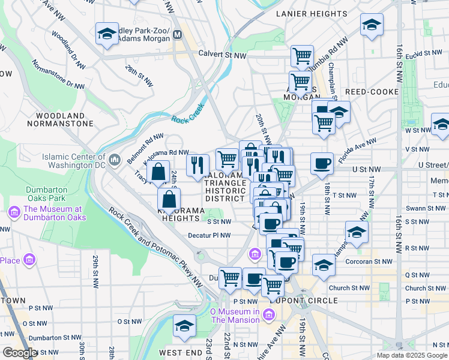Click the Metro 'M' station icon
(177, 35)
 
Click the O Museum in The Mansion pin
(268, 314)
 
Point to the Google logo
(20, 353)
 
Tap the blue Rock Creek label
(187, 117)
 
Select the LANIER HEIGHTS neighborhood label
(304, 13)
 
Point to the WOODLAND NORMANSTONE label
(60, 119)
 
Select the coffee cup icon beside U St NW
(322, 163)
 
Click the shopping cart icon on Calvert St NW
(302, 56)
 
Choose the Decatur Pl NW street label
(209, 236)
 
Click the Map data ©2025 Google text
(412, 355)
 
